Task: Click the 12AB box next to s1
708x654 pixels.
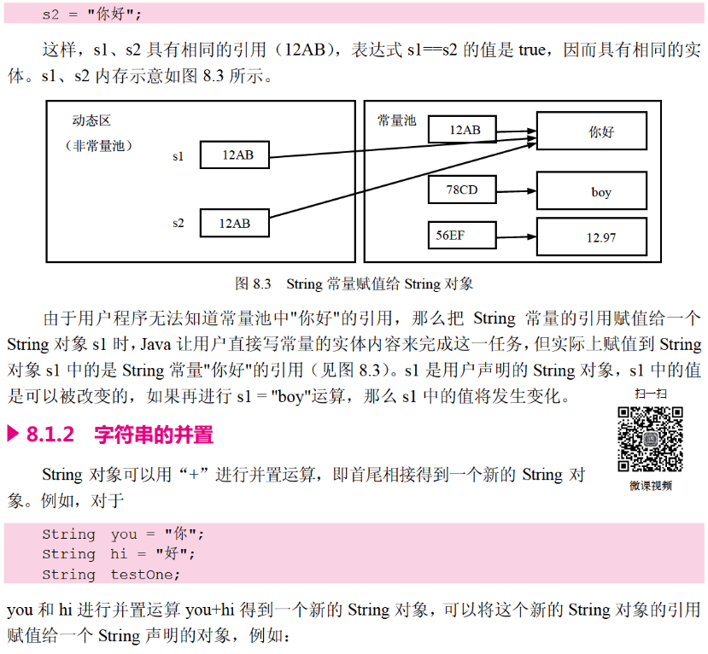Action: coord(235,155)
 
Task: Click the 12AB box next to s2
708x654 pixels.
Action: coord(235,223)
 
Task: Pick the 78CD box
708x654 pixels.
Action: coord(462,190)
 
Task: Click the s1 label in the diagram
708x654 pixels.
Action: coord(178,156)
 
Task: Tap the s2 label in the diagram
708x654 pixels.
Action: coord(178,223)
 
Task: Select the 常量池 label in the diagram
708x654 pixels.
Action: coord(397,121)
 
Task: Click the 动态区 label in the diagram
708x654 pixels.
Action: coord(92,121)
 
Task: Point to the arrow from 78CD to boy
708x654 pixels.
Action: coord(516,190)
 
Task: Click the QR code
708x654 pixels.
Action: coord(651,440)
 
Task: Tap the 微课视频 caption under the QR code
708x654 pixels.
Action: coord(651,486)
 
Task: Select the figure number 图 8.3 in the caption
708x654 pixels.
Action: coord(253,283)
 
